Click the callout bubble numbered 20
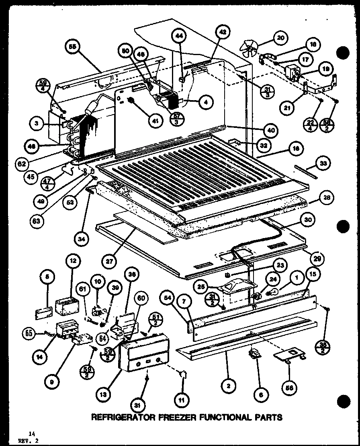(280, 38)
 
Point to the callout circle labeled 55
(72, 47)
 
